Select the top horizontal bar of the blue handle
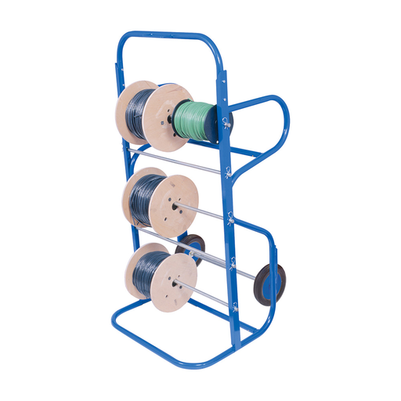[x=168, y=34]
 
